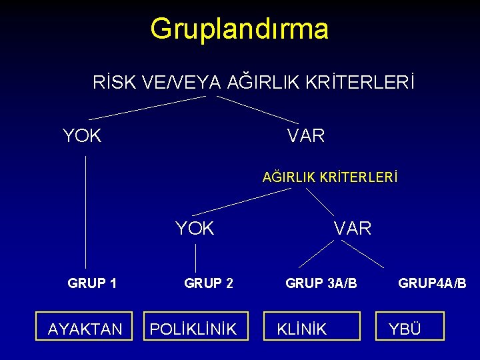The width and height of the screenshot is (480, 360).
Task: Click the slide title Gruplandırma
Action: (239, 29)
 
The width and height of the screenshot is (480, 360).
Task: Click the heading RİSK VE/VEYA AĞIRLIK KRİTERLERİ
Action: (253, 83)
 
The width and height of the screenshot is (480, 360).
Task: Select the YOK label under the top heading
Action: (82, 136)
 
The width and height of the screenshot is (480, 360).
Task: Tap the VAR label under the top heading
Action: (306, 136)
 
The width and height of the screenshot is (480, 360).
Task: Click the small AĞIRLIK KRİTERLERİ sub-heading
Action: (330, 178)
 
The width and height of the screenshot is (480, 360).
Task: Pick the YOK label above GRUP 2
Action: (195, 229)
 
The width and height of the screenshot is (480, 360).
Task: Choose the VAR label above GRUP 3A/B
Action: (353, 229)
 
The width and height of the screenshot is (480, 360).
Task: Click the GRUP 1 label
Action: (92, 283)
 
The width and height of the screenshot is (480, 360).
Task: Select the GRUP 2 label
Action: (209, 283)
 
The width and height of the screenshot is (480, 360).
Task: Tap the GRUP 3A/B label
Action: (321, 283)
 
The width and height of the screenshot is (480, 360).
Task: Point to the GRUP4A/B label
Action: (432, 283)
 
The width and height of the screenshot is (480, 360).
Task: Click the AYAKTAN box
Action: (86, 329)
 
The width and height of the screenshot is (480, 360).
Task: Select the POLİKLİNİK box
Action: (193, 329)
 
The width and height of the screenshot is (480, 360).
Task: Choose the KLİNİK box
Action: (311, 329)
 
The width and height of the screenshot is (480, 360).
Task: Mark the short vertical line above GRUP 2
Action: (195, 257)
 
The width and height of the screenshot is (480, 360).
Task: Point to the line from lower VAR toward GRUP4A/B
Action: (362, 253)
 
